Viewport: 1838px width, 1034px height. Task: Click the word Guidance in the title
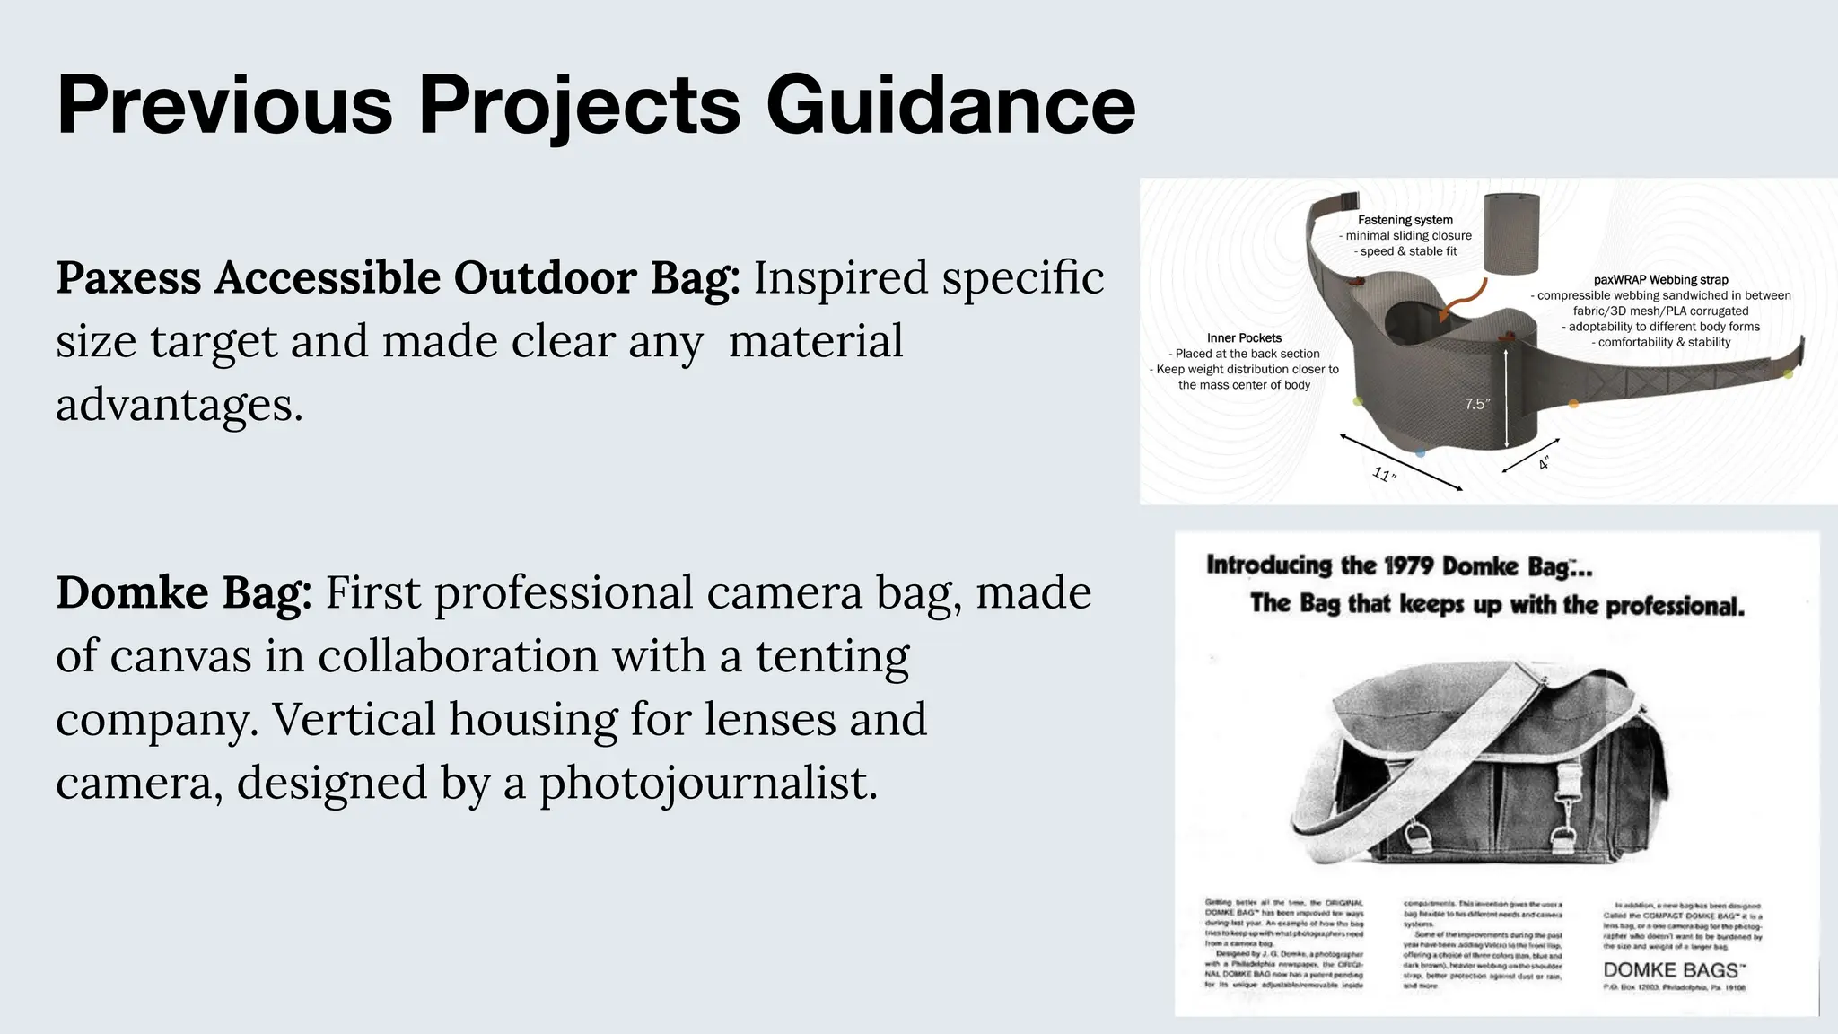pyautogui.click(x=950, y=105)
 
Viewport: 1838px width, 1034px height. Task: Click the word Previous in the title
pyautogui.click(x=224, y=105)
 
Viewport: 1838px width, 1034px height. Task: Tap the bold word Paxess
pyautogui.click(x=128, y=277)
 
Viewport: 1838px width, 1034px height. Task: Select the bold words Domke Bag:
pyautogui.click(x=184, y=593)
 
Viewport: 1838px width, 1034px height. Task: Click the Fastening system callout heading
pyautogui.click(x=1405, y=220)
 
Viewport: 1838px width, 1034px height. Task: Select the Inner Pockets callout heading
pyautogui.click(x=1244, y=338)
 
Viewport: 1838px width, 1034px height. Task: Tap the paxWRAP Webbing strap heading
pyautogui.click(x=1660, y=280)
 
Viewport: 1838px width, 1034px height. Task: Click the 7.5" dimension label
pyautogui.click(x=1477, y=404)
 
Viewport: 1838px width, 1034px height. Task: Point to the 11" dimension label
pyautogui.click(x=1385, y=475)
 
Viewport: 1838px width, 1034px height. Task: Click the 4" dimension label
pyautogui.click(x=1544, y=463)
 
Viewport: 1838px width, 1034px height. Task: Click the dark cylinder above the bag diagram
pyautogui.click(x=1511, y=233)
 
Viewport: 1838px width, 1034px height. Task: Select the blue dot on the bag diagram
pyautogui.click(x=1420, y=453)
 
